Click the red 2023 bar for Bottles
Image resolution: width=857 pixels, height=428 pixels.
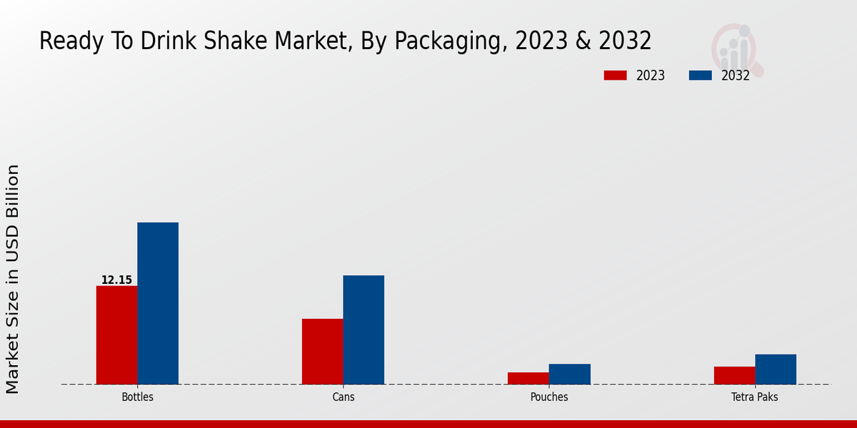[116, 335]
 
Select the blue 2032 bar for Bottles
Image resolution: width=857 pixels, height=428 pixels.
[158, 303]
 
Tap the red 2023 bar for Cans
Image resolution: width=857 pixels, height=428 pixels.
[322, 351]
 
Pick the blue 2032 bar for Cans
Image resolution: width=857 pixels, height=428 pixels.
[364, 330]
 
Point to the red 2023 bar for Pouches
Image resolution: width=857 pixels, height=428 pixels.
[528, 378]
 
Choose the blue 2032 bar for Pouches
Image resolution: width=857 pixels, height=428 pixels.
[569, 374]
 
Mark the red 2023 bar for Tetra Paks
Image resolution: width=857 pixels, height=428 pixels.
[734, 375]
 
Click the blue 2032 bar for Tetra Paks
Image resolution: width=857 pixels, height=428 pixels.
[776, 369]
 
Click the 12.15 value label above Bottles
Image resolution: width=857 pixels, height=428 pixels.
[116, 280]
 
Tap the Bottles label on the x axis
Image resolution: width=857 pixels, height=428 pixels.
[137, 397]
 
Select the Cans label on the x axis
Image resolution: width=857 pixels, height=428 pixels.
[343, 397]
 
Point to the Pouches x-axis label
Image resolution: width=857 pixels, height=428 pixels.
[549, 397]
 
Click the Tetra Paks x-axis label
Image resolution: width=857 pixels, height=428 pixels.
[755, 397]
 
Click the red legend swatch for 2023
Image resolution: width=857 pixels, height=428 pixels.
[615, 76]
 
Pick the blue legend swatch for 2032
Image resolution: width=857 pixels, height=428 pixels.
[700, 76]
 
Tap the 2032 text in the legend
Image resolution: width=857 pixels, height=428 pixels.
[735, 76]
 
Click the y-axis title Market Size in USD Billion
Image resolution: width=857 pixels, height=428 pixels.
[13, 278]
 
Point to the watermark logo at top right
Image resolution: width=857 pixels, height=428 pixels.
[736, 49]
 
